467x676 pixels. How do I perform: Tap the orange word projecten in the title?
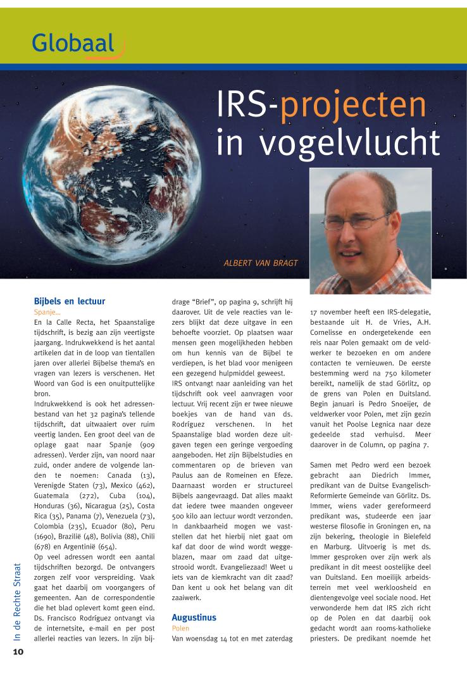353,108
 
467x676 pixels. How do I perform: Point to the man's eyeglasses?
363,222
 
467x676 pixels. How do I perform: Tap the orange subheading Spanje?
47,312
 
